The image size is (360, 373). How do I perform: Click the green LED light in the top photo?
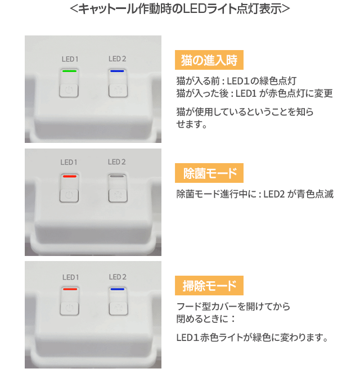pos(69,71)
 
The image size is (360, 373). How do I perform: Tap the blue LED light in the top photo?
pos(117,71)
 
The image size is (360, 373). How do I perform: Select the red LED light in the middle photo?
pos(69,176)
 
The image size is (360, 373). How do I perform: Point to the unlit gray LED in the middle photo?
pos(117,176)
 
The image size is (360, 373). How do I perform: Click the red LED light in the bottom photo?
pos(70,289)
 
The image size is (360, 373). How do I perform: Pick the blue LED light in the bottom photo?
pos(118,289)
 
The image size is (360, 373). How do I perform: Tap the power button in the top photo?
pos(69,91)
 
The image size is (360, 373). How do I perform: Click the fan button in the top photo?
pos(118,91)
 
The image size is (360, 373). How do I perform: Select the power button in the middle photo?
pos(69,196)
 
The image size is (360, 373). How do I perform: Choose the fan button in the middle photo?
pos(118,196)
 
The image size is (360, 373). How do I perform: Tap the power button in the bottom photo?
pos(69,308)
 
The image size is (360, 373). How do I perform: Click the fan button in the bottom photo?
pos(119,308)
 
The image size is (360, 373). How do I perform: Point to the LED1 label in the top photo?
pos(70,59)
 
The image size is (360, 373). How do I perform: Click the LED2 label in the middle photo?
pos(117,162)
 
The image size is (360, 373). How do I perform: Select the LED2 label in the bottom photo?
pos(118,277)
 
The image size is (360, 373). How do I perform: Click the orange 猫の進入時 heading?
pos(209,60)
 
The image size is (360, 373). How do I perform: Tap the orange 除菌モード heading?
pos(209,173)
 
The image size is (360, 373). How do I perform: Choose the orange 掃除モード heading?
pos(209,285)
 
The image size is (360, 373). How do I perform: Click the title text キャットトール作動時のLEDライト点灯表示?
pos(180,8)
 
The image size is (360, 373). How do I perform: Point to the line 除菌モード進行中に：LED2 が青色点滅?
pos(255,194)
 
